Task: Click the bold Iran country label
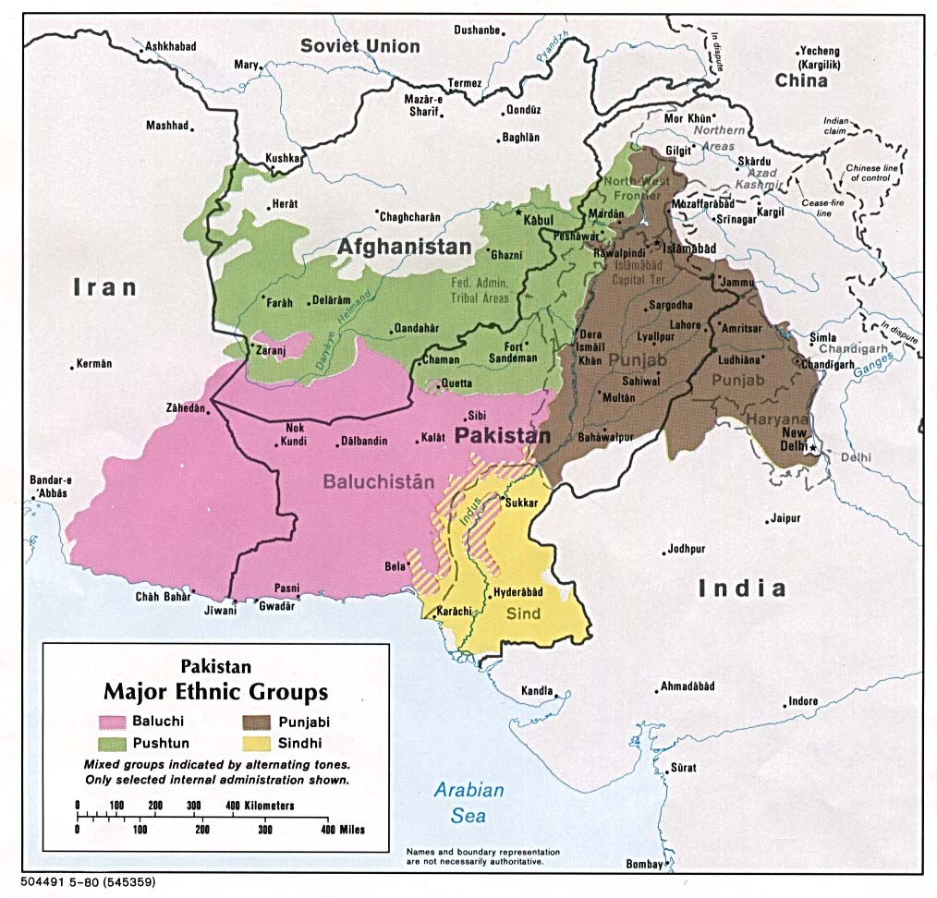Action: click(x=105, y=287)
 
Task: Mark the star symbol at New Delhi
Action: click(x=812, y=448)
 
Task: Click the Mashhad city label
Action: click(x=167, y=126)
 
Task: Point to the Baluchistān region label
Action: click(x=378, y=481)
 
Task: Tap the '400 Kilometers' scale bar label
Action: click(x=260, y=806)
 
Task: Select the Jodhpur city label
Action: click(x=687, y=549)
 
